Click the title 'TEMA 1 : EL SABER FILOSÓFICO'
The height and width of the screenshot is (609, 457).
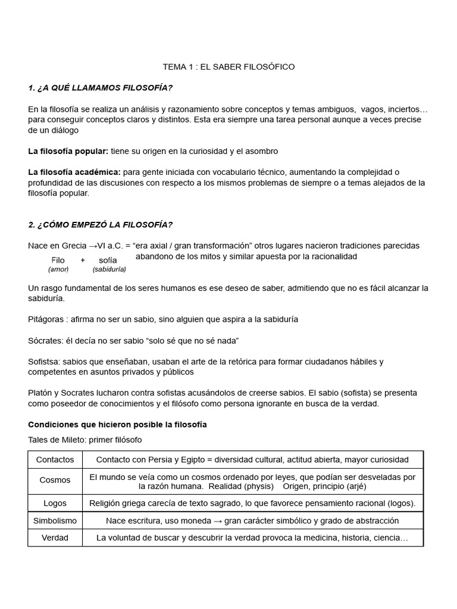pos(228,67)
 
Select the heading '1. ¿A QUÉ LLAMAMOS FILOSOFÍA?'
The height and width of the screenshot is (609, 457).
pos(100,89)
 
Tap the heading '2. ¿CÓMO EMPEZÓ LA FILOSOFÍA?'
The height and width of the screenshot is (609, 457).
pos(100,224)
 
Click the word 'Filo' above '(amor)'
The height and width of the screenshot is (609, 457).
pos(58,260)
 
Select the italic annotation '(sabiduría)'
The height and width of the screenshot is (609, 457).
pos(109,269)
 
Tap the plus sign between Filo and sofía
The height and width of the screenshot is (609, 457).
pos(83,260)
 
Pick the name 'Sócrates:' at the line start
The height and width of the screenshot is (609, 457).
pos(47,341)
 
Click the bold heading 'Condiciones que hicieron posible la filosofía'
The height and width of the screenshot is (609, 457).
pos(118,425)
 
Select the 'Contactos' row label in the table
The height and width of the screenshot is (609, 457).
pos(55,460)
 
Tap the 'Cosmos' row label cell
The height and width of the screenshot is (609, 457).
pos(55,481)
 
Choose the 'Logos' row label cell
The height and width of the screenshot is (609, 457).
pos(55,503)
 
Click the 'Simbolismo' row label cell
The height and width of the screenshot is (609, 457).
pos(55,520)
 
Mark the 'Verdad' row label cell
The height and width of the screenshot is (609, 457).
pos(55,538)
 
